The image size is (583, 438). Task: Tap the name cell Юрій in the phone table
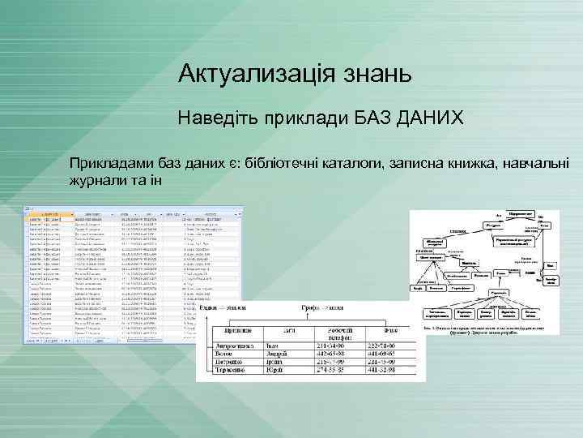pos(272,371)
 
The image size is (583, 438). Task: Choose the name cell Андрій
pos(276,354)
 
